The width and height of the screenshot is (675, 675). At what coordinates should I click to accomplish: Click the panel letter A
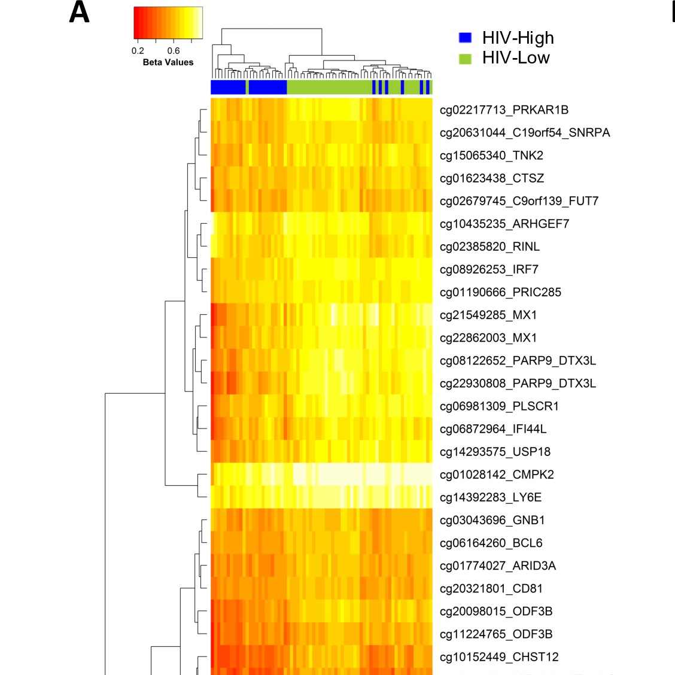tap(79, 12)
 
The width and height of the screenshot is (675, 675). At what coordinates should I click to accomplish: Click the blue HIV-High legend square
tap(465, 38)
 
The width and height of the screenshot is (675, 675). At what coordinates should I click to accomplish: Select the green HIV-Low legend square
tap(465, 59)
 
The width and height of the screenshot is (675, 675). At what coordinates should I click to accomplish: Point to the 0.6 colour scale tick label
tap(174, 51)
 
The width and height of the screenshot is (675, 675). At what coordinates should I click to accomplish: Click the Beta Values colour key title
tap(168, 62)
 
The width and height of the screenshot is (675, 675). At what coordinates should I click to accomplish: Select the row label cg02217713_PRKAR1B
tap(504, 110)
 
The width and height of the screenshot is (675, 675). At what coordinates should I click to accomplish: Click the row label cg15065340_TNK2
tap(492, 156)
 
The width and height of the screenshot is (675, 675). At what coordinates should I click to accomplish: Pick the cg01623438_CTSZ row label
tap(492, 178)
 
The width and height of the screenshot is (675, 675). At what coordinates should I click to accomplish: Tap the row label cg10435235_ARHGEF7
tap(504, 224)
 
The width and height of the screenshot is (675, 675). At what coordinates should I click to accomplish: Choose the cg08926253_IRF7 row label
tap(489, 269)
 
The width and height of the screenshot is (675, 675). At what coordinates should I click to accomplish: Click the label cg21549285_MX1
tap(489, 315)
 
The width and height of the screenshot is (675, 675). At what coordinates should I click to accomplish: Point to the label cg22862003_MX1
tap(489, 338)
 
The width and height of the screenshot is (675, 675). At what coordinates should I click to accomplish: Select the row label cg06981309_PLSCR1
tap(499, 406)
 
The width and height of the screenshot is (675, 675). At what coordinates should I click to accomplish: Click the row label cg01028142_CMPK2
tap(497, 475)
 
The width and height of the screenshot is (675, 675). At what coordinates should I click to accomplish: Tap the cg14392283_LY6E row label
tap(491, 498)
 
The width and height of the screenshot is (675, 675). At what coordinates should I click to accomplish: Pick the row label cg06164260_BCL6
tap(491, 543)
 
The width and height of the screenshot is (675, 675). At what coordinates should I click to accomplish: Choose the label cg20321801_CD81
tap(491, 589)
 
